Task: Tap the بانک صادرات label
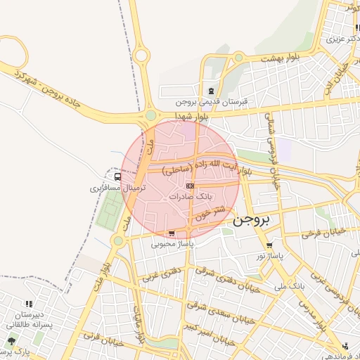tap(190, 197)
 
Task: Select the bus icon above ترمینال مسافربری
tap(117, 178)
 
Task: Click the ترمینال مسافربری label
tap(117, 188)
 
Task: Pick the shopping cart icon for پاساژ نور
tap(269, 245)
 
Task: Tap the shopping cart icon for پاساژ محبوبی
tap(172, 233)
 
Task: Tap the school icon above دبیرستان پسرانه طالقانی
tap(28, 304)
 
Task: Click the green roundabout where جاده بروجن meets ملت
tap(150, 115)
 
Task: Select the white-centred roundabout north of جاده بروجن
tap(142, 56)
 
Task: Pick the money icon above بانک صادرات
tap(190, 186)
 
